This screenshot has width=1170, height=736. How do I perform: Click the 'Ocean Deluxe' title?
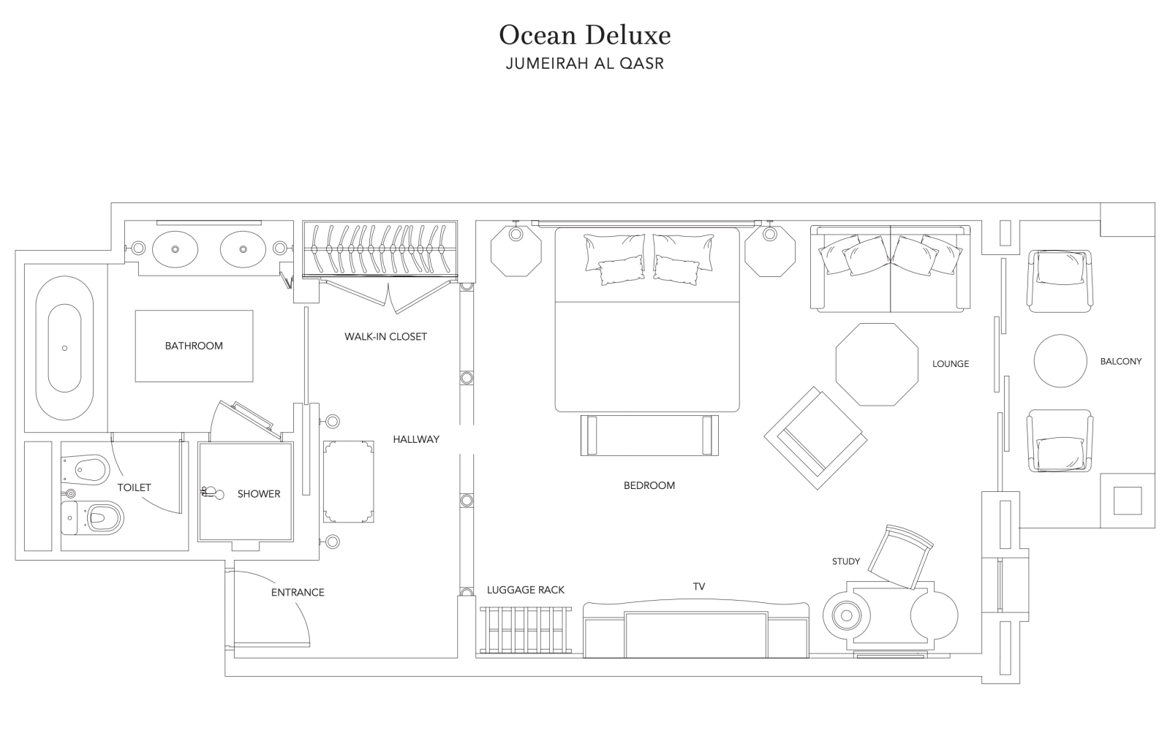tap(584, 36)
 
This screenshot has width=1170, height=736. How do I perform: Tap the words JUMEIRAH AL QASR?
tap(584, 63)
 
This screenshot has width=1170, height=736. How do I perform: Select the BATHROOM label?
tap(194, 346)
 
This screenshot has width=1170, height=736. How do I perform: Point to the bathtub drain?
tap(65, 348)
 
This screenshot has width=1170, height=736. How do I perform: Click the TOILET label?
tap(134, 487)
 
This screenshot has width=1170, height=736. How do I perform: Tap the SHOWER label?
tap(259, 494)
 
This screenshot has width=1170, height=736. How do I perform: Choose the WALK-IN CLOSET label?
tap(385, 337)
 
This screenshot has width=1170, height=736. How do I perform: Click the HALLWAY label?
tap(416, 439)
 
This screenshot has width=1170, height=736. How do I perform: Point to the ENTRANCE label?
tap(298, 593)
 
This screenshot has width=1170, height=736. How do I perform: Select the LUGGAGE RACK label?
tap(526, 590)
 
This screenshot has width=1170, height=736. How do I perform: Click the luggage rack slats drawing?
tap(526, 630)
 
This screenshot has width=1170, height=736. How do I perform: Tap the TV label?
tap(699, 587)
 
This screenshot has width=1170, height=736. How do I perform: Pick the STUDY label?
tap(845, 561)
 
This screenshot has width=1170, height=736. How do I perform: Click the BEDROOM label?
tap(649, 485)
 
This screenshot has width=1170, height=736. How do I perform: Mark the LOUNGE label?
tap(951, 364)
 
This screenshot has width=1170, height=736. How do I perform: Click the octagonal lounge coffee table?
tap(877, 365)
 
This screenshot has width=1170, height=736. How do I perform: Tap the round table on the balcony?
tap(1060, 361)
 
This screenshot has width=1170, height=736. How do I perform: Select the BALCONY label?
tap(1121, 361)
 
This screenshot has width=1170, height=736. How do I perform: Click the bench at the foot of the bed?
tap(649, 436)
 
